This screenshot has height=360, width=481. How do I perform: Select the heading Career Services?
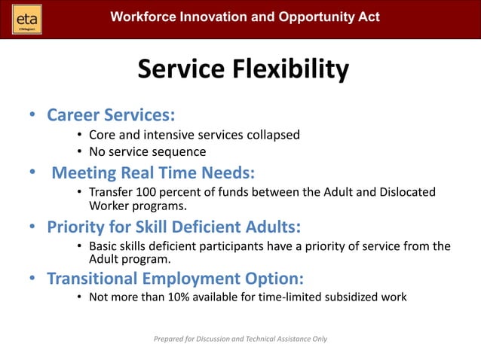pos(111,115)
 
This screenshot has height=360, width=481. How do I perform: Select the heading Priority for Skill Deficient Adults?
pos(174,227)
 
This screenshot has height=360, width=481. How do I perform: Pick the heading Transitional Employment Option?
pos(175,278)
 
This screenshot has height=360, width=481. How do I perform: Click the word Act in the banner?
pos(368,17)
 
